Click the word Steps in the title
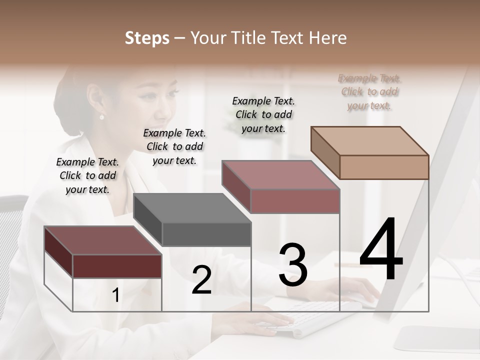(147, 38)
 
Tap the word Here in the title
(328, 38)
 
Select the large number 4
(381, 250)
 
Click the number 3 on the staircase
(293, 265)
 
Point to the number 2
(201, 280)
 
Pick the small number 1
(115, 295)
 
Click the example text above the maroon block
(87, 175)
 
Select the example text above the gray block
(174, 146)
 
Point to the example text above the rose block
(263, 114)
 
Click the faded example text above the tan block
(369, 91)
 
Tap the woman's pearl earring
(102, 117)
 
